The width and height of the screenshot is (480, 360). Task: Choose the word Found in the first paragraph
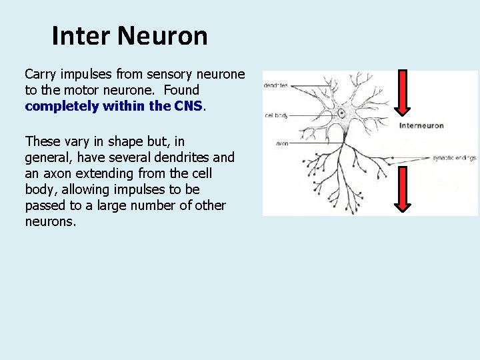tap(181, 89)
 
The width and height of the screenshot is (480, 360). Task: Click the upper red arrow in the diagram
tap(403, 93)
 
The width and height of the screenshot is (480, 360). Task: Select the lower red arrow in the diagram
tap(403, 189)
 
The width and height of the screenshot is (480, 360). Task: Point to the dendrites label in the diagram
tap(276, 85)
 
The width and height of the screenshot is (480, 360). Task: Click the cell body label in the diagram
tap(277, 115)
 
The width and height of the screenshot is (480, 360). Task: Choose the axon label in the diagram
tap(282, 143)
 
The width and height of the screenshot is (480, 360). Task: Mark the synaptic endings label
tap(454, 158)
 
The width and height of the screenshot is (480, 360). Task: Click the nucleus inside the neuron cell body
tap(342, 113)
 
